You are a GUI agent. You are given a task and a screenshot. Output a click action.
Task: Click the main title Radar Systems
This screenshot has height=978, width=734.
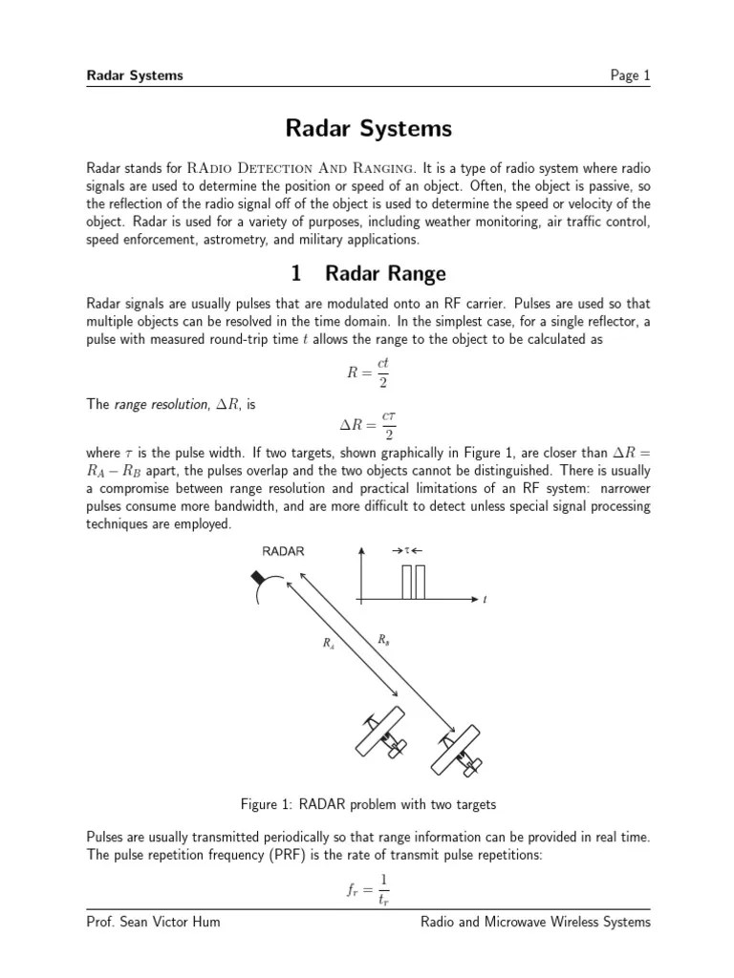point(367,128)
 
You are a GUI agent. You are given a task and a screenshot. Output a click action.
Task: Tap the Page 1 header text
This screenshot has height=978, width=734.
point(630,75)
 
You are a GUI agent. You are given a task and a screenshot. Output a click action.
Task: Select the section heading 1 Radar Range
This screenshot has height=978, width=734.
point(367,274)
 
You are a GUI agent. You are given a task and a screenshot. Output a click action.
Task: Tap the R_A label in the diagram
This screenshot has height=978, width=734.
point(329,644)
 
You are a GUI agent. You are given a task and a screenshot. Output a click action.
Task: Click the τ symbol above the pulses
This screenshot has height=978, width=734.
point(408,551)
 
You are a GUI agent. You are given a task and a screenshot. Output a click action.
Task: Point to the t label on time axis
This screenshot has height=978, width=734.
point(486,600)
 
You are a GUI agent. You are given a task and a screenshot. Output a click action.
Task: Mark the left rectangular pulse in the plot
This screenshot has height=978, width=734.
point(406,582)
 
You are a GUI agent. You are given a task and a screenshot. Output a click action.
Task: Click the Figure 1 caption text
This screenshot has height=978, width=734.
point(367,803)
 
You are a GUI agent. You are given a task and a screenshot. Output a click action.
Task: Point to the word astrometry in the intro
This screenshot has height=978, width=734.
point(236,239)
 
